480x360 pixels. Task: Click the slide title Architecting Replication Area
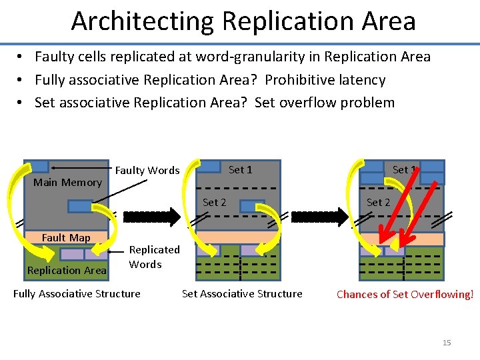tap(243, 21)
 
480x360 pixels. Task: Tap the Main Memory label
tap(67, 183)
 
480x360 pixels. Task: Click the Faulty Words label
tap(147, 171)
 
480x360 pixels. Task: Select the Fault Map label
tap(66, 237)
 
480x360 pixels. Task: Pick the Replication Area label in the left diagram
tap(66, 270)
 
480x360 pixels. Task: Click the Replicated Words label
tap(154, 257)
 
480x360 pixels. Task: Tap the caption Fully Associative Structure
tap(77, 293)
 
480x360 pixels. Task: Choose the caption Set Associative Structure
tap(242, 293)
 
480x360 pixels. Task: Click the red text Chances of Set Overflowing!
tap(405, 294)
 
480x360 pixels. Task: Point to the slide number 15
tap(447, 343)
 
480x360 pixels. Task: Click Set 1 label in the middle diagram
tap(240, 170)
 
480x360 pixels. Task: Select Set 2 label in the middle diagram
tap(214, 202)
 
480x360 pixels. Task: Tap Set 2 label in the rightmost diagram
tap(378, 202)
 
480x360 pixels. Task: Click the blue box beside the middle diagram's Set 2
tap(252, 207)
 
